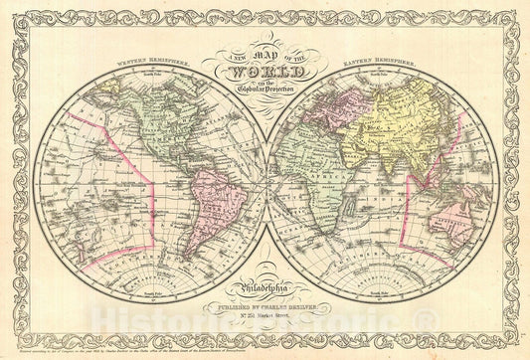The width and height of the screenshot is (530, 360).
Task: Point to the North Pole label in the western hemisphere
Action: [150, 81]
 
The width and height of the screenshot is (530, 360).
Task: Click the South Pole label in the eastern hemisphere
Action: [379, 290]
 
